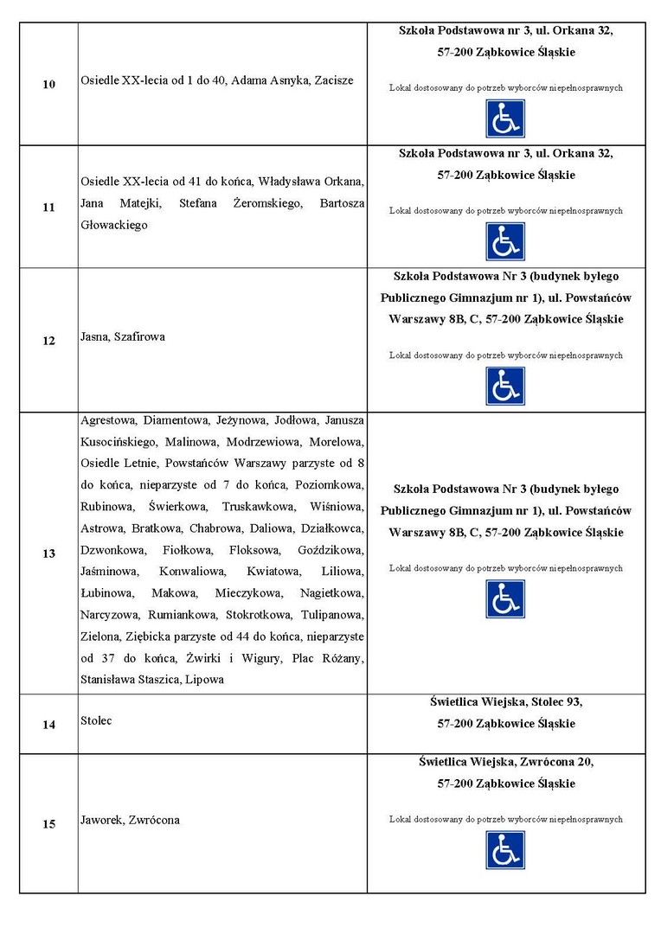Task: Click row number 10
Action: [x=48, y=84]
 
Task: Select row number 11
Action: [x=48, y=208]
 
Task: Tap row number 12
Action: [x=48, y=341]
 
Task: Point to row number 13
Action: [x=48, y=553]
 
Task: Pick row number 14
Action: [x=48, y=725]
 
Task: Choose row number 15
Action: [x=48, y=824]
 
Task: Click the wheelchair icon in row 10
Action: [x=505, y=118]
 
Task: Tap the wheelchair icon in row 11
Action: [x=505, y=242]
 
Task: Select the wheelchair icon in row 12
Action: [x=505, y=387]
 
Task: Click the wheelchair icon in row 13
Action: [x=505, y=599]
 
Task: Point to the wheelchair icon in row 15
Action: [x=505, y=850]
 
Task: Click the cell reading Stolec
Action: [x=96, y=720]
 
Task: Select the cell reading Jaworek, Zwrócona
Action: [x=130, y=820]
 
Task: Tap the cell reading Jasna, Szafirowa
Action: [x=123, y=336]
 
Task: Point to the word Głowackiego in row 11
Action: [x=114, y=225]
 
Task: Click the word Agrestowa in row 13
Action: [x=108, y=420]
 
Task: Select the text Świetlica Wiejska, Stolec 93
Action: [x=506, y=701]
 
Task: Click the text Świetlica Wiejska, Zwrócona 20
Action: [x=506, y=762]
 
